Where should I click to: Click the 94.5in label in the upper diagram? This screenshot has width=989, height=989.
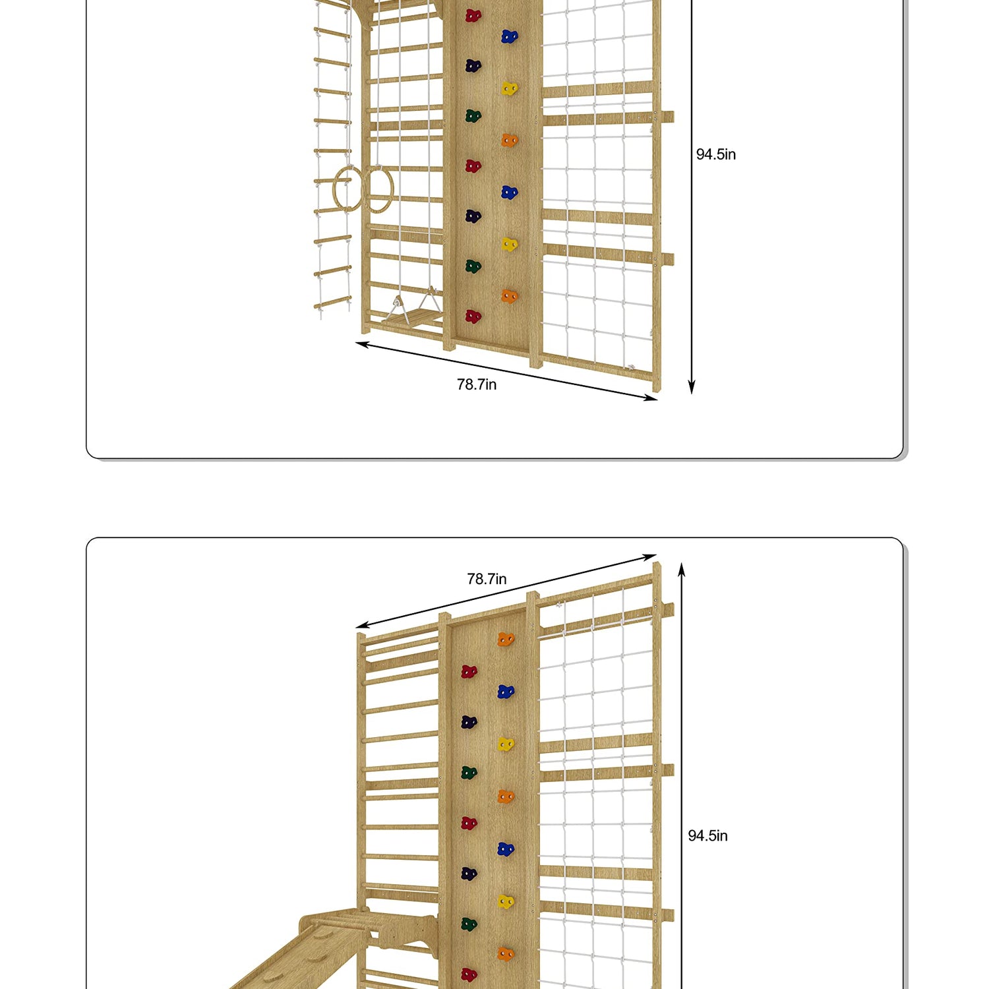(x=716, y=154)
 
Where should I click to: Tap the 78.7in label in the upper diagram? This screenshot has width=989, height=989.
(x=477, y=384)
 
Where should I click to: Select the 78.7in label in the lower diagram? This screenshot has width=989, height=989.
(x=487, y=579)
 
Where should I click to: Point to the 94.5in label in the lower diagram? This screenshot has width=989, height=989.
(x=708, y=836)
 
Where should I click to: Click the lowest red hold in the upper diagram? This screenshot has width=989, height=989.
(x=473, y=316)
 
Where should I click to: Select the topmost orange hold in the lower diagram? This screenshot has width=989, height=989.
(x=506, y=639)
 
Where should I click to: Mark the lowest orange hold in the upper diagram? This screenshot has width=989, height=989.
(x=509, y=296)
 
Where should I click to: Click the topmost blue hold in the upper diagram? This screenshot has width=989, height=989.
(x=509, y=36)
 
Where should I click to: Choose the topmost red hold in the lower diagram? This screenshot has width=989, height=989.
(x=469, y=672)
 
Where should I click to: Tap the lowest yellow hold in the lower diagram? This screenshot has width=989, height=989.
(x=506, y=901)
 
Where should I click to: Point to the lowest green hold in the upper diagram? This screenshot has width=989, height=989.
(x=473, y=266)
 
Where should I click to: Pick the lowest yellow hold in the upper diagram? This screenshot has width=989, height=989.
(x=509, y=245)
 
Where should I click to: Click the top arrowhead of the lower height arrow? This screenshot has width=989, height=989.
(x=682, y=568)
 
